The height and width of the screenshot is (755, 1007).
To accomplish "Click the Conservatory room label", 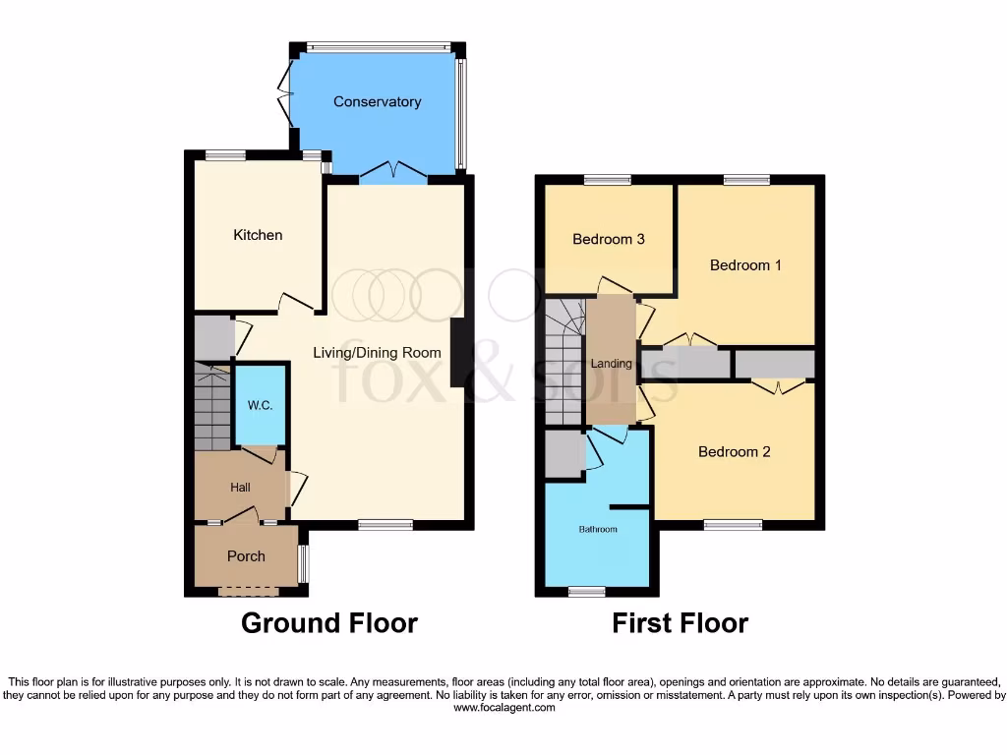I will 377,102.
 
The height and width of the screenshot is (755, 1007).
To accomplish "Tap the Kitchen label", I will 258,235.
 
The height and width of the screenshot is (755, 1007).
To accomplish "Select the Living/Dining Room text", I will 377,353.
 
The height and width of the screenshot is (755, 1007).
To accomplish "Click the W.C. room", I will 260,404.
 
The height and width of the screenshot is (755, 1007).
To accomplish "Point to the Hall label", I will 241,487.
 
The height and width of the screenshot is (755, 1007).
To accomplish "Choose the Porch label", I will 246,556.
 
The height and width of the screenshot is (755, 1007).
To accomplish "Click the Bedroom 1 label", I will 745,265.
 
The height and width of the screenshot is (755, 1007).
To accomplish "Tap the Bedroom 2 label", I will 734,452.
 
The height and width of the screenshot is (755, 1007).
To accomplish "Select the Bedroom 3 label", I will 609,239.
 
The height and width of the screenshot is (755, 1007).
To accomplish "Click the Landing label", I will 611,364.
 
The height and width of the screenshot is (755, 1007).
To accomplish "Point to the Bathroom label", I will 598,530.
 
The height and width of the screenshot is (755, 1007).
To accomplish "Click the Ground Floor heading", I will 329,623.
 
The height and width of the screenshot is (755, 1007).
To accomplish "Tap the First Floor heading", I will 681,623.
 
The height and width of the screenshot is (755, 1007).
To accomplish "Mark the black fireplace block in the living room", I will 457,353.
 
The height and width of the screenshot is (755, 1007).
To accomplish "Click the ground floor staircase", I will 211,408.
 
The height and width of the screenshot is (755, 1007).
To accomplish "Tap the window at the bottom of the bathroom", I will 587,592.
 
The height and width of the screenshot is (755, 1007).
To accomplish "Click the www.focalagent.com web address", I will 503,707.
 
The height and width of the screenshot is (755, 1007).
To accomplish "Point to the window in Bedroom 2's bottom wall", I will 733,525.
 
